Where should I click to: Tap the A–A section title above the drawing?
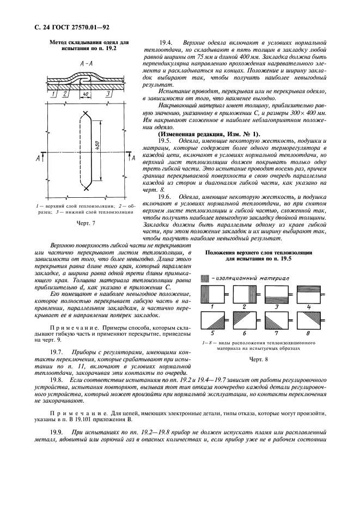(86, 64)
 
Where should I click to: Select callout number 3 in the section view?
(108, 94)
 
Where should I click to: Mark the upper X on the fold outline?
(86, 115)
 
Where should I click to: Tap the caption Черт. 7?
(86, 223)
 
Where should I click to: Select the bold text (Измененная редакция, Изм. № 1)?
(209, 134)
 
